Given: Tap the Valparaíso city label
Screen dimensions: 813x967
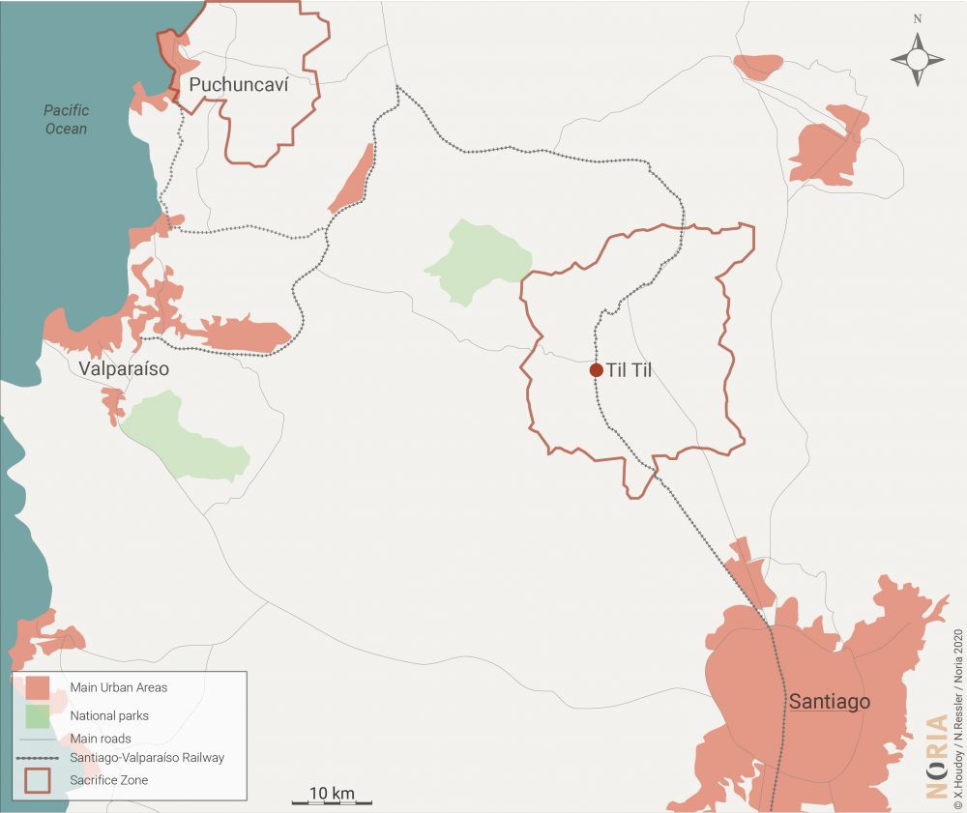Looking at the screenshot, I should [125, 369].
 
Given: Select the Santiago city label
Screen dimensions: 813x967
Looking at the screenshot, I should [830, 702].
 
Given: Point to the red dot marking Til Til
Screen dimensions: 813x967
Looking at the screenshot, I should [597, 370].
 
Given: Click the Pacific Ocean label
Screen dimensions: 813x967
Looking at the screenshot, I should [66, 120].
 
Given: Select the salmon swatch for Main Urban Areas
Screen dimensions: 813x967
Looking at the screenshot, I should [38, 688].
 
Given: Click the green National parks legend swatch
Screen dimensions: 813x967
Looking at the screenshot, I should [38, 716].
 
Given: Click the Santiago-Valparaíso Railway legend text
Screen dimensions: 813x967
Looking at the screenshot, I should [147, 758].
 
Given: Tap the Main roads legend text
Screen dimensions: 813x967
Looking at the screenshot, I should [101, 739].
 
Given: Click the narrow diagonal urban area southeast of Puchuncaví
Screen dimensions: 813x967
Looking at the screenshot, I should [352, 180].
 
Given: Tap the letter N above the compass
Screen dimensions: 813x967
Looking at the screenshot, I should [918, 18].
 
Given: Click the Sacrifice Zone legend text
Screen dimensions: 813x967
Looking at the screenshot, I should [109, 779].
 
